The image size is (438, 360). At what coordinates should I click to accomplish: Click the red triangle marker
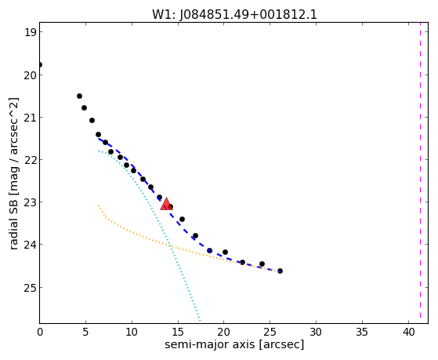[166, 204]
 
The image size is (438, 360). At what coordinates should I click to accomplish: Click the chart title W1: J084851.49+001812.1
[234, 15]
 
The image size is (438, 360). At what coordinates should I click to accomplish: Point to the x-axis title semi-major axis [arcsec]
[234, 344]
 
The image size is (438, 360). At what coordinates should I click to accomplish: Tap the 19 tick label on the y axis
[30, 32]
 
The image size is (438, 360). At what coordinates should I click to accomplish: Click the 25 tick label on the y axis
[30, 288]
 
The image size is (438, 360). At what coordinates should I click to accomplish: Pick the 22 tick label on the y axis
[30, 160]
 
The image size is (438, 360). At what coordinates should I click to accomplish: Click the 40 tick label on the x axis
[409, 333]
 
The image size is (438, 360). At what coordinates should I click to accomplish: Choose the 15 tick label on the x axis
[178, 333]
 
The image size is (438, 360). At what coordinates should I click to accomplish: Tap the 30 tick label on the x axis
[317, 333]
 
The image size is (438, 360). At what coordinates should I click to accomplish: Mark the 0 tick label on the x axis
[40, 333]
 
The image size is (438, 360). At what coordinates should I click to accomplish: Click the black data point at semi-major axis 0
[40, 65]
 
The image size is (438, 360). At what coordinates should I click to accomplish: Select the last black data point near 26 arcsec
[280, 271]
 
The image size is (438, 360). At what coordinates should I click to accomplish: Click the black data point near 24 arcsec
[262, 264]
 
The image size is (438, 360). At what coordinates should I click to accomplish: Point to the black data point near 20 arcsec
[225, 252]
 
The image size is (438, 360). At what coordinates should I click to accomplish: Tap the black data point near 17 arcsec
[196, 236]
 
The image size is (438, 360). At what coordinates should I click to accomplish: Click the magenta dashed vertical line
[420, 173]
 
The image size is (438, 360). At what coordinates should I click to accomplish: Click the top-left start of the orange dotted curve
[98, 205]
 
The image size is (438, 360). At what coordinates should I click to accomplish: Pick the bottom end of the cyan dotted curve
[200, 320]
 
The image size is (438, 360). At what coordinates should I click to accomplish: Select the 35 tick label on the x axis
[363, 333]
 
